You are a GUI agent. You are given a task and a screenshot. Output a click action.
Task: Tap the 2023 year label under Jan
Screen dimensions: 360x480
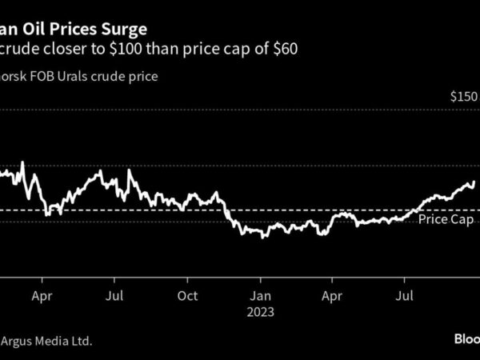[x=260, y=311]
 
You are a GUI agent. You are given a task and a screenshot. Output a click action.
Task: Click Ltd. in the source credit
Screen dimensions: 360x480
[x=80, y=341]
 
